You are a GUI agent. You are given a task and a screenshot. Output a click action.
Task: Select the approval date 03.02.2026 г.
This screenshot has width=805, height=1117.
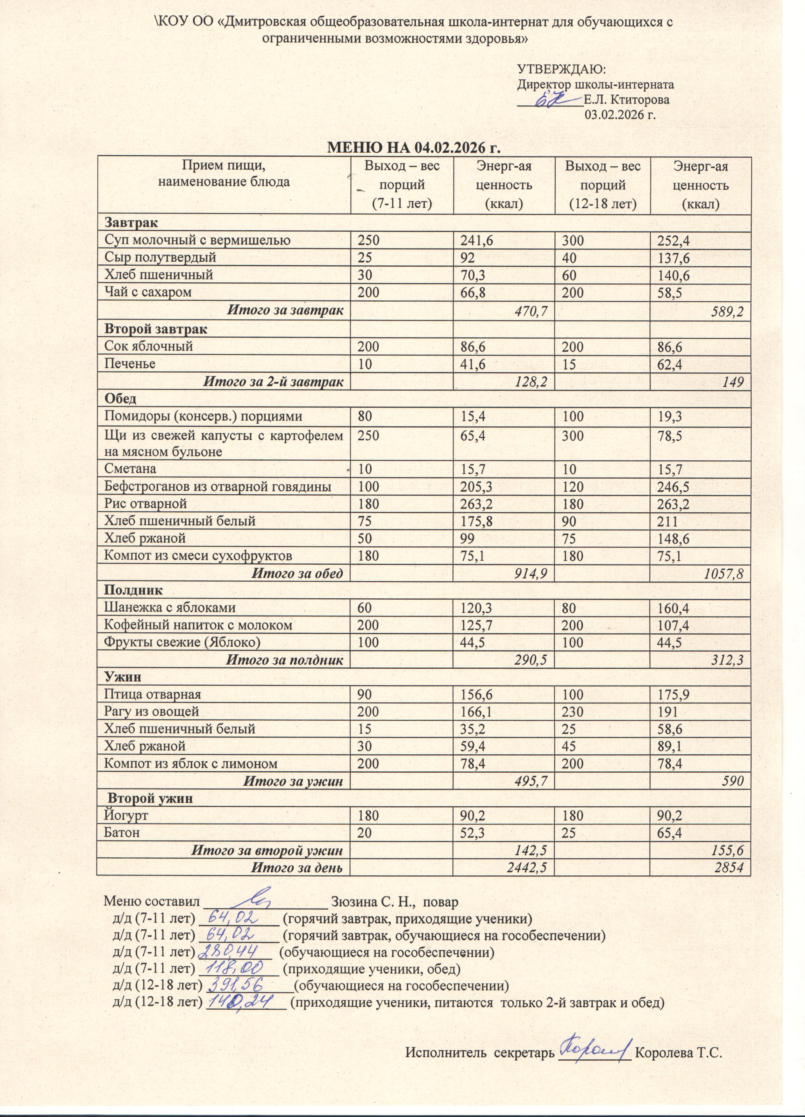coord(621,115)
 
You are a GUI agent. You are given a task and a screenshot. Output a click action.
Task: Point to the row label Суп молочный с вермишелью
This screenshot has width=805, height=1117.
coord(197,240)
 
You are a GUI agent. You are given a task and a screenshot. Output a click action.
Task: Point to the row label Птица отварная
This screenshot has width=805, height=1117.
coord(153,695)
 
